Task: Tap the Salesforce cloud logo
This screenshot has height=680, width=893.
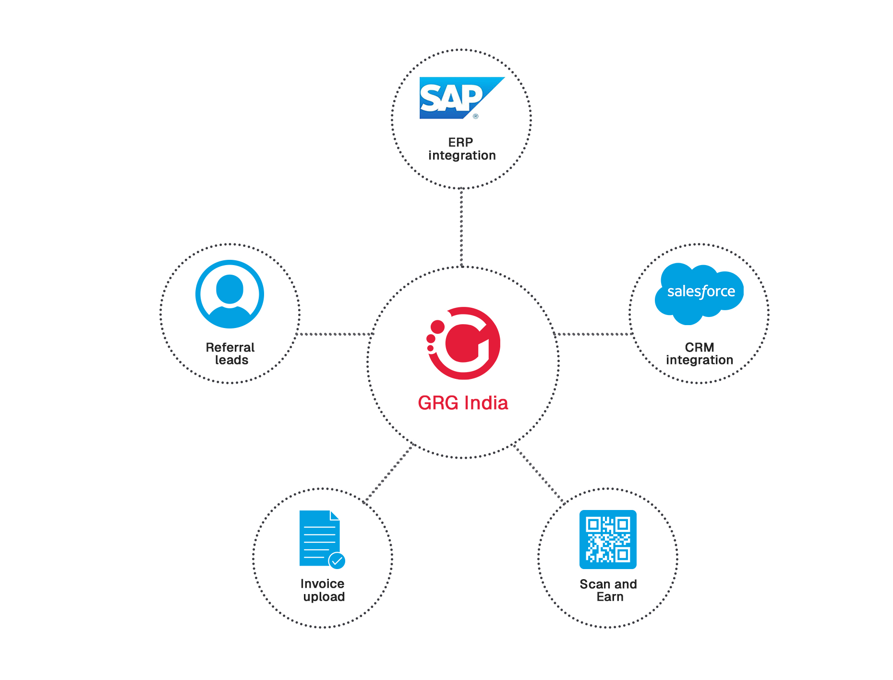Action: point(700,292)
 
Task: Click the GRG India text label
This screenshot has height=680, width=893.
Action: point(463,403)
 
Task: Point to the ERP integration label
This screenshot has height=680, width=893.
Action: point(461,149)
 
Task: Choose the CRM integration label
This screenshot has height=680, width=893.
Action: point(700,353)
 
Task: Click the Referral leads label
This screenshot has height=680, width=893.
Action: point(230,353)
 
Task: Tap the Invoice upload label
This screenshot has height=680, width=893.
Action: point(323,590)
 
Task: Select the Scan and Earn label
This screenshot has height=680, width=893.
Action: point(608,590)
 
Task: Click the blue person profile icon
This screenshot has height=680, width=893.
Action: point(229,294)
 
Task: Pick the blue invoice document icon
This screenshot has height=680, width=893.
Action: point(319,538)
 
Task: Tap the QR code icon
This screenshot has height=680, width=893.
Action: point(608,539)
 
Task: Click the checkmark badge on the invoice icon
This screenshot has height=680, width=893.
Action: point(337,560)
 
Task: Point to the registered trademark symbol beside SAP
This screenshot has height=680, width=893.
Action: point(475,116)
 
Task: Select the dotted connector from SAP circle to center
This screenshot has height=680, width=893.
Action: point(461,227)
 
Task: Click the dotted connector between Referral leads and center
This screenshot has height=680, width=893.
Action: point(335,334)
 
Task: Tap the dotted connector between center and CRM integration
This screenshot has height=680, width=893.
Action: point(593,334)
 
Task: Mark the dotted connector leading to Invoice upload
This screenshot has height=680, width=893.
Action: point(389,473)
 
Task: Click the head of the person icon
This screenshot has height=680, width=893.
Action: point(229,289)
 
